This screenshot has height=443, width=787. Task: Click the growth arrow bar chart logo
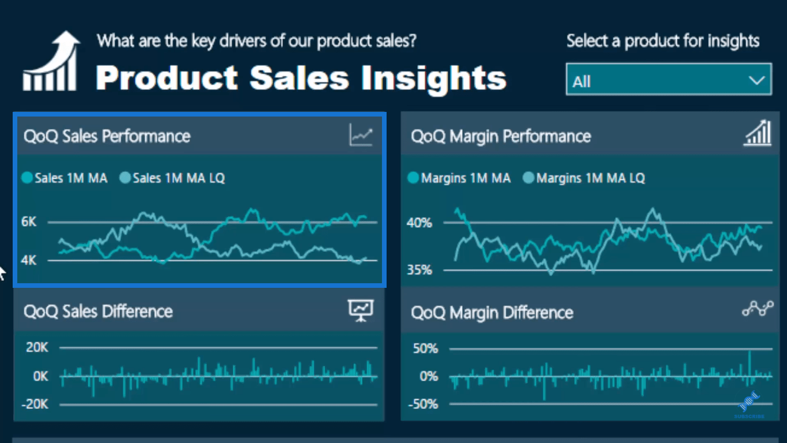[x=51, y=61]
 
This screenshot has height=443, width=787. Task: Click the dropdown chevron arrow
[x=756, y=81]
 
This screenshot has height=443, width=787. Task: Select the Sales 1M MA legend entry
[x=65, y=178]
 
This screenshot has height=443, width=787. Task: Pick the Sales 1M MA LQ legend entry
[x=172, y=178]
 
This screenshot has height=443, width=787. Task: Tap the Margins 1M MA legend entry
[x=459, y=178]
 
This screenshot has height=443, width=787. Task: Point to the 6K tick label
[x=29, y=222]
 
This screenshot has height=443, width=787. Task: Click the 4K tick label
[x=29, y=261]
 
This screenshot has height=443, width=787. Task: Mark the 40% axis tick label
[x=419, y=223]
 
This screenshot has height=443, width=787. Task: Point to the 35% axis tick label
[x=419, y=270]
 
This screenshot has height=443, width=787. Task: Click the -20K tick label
[x=35, y=404]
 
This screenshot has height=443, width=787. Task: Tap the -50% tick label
[x=423, y=404]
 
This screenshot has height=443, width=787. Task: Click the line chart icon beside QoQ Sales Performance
[x=361, y=136]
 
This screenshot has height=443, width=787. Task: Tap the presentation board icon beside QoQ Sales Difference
[x=361, y=310]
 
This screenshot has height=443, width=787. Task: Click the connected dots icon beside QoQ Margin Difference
[x=758, y=310]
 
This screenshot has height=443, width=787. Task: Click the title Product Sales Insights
[x=301, y=78]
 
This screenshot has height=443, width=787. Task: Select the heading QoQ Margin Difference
[x=492, y=313]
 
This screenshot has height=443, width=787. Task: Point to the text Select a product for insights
[x=663, y=41]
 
